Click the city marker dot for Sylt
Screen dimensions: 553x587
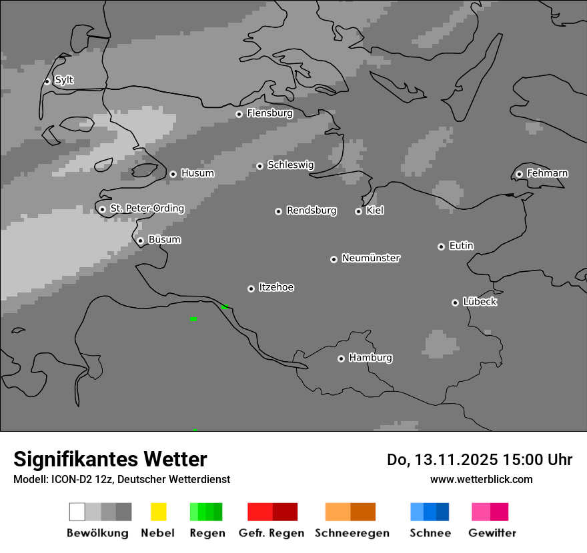click(x=47, y=81)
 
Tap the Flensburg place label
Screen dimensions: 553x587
click(x=269, y=113)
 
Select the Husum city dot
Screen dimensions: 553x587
click(x=173, y=174)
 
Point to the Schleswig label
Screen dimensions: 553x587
click(x=290, y=165)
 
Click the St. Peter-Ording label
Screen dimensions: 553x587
click(x=147, y=209)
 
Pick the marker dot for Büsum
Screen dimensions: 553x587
click(x=140, y=241)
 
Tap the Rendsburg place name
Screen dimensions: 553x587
click(x=311, y=211)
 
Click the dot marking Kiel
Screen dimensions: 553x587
click(x=358, y=211)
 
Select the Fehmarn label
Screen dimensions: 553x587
click(x=547, y=173)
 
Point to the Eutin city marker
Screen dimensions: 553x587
click(x=441, y=247)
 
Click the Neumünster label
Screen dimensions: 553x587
click(x=371, y=258)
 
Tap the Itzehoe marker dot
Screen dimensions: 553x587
click(x=251, y=288)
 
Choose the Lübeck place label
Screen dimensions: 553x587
click(x=480, y=302)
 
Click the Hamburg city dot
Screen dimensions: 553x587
click(x=341, y=358)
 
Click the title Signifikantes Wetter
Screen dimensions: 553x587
click(x=110, y=459)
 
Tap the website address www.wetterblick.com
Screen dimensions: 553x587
click(x=481, y=479)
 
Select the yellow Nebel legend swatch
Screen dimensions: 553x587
click(x=158, y=512)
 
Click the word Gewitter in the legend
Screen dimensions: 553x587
click(x=492, y=533)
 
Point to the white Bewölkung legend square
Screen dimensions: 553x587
click(x=77, y=512)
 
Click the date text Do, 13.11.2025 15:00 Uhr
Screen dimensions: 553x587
click(x=479, y=460)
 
